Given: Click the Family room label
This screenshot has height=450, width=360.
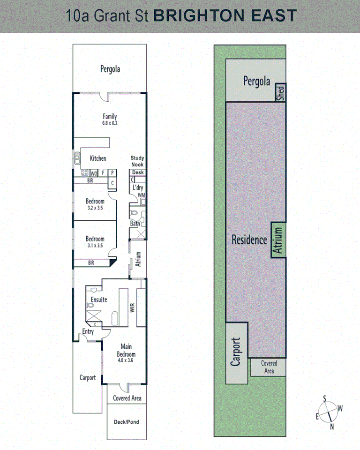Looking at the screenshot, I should coord(110,116).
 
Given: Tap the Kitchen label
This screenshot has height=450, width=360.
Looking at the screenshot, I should coord(98,158).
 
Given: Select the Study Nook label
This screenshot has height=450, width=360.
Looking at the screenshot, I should coord(137,161).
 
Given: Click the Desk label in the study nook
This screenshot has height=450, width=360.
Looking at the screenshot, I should coord(138,172).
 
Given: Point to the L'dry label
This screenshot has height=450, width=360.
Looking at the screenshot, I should coord(138,187).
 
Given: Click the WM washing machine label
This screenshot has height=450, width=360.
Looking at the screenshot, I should coord(142,195).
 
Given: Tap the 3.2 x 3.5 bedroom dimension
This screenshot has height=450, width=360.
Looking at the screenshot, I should coord(95,208).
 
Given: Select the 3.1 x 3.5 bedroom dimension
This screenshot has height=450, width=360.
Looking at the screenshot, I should coord(95,245).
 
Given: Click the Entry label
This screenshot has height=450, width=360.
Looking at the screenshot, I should coord(88,331).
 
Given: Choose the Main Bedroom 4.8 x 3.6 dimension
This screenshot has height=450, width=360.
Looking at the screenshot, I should coord(127,361).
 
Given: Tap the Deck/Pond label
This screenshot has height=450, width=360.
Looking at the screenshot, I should coord(127,422).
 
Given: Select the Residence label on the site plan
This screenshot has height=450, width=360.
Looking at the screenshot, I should coord(249,240).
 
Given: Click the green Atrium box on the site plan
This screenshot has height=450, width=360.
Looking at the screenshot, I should coord(278,240).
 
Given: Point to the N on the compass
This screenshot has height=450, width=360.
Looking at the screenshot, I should coord(332,426).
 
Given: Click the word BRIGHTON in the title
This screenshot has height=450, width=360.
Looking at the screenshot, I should coord(199,15).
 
